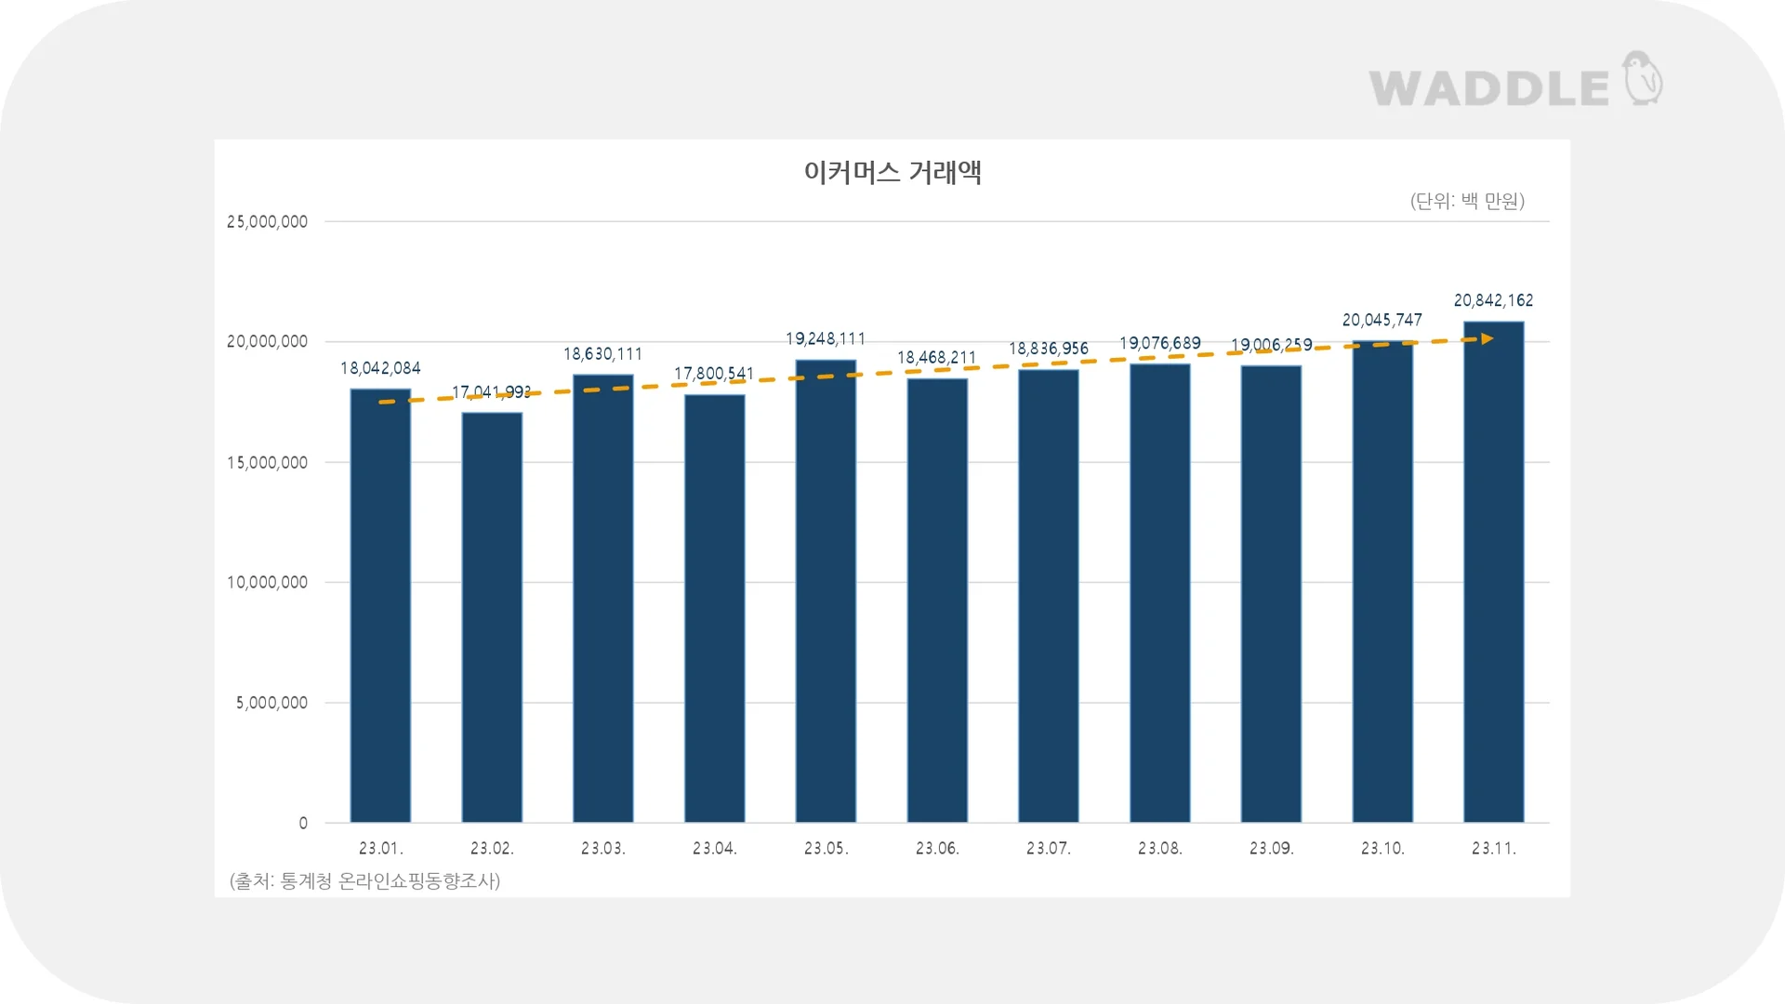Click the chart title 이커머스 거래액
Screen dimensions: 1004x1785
click(x=892, y=172)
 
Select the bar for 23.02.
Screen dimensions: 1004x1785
click(x=492, y=617)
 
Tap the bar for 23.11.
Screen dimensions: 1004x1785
click(x=1493, y=572)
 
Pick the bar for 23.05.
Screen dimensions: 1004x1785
click(x=826, y=591)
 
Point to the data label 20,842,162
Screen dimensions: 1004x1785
click(x=1493, y=300)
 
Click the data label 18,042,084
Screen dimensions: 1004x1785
click(x=380, y=368)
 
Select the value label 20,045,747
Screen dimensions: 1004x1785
click(x=1382, y=320)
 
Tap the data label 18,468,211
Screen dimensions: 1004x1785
click(x=936, y=358)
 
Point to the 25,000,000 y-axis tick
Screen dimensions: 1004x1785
click(x=267, y=222)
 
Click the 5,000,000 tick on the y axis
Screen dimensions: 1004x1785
click(x=271, y=703)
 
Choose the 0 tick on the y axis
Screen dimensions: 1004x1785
click(x=303, y=823)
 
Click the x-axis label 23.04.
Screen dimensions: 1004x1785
click(x=714, y=848)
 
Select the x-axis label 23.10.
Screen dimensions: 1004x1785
click(x=1382, y=848)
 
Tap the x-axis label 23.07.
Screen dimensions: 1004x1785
click(x=1048, y=848)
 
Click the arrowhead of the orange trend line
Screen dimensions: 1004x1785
click(x=1487, y=338)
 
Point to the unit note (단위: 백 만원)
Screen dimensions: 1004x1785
click(x=1467, y=201)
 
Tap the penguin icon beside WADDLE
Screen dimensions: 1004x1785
click(x=1643, y=78)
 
